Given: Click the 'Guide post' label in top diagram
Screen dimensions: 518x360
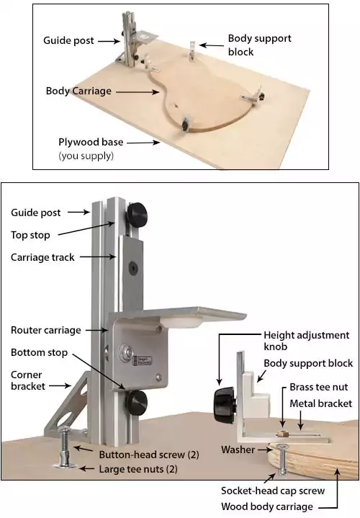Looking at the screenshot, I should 68,41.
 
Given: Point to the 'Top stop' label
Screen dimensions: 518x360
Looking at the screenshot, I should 31,235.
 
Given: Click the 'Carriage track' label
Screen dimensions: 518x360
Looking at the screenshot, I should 42,257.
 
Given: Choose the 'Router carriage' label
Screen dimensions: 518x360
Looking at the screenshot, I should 45,330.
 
